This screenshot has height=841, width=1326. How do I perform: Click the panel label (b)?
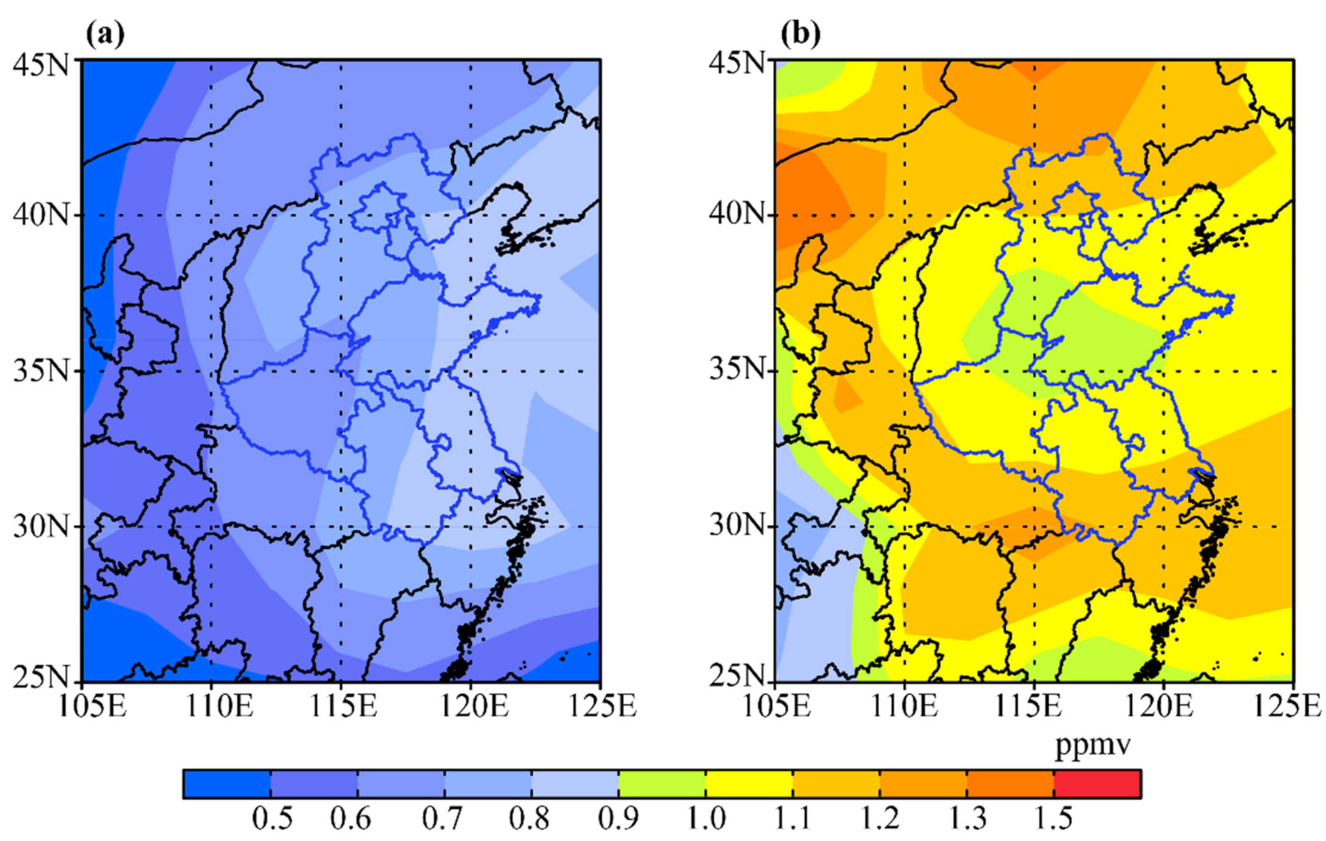[801, 34]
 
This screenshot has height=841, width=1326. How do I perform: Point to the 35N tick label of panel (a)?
[41, 371]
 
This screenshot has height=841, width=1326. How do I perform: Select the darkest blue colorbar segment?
[227, 784]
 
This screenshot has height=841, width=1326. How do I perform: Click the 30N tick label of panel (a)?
[41, 526]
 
